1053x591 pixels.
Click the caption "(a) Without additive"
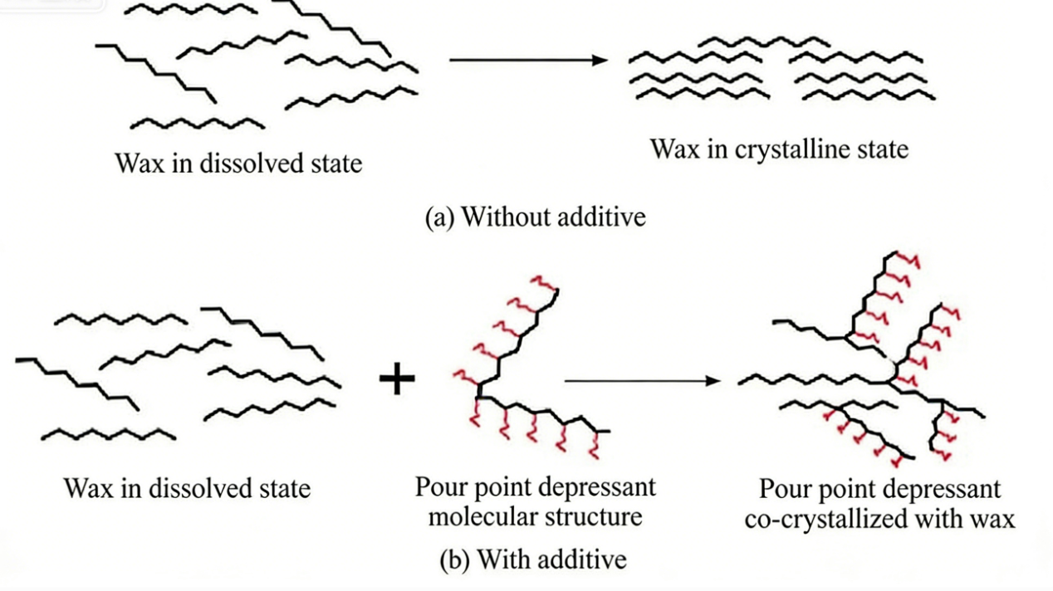[535, 217]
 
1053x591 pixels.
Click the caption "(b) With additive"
[532, 559]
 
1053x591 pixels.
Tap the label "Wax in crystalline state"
[779, 149]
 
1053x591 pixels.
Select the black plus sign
[397, 380]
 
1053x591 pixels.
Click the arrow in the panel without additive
[528, 60]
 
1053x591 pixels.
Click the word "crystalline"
[786, 149]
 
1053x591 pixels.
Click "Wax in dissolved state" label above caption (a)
[239, 162]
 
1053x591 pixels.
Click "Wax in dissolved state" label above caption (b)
[187, 487]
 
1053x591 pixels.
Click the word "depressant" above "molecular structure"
[598, 486]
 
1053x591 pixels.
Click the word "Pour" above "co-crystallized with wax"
[786, 490]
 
